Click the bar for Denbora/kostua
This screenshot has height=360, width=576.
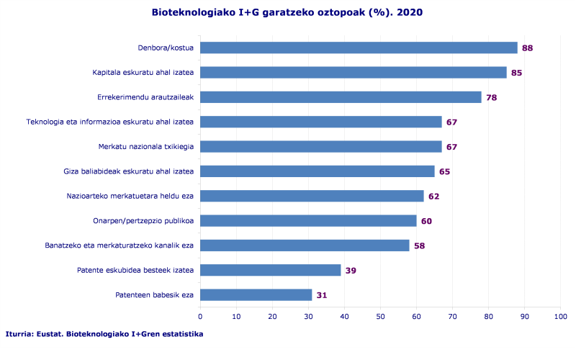[359, 48]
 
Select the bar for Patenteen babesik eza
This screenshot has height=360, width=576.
[256, 294]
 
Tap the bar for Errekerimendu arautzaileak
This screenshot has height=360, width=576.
[341, 97]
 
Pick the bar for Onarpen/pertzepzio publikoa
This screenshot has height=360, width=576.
[308, 220]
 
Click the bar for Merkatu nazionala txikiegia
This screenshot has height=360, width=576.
[320, 147]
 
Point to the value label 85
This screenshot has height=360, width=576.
[516, 73]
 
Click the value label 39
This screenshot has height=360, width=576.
[351, 271]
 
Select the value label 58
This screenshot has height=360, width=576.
[419, 246]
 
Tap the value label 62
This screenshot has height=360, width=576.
[433, 197]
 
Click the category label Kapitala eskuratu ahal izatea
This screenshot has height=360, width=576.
[143, 73]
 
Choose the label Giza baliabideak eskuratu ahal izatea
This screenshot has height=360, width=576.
[129, 171]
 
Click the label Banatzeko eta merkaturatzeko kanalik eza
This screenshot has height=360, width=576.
[120, 246]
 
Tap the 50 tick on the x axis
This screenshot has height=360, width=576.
[380, 316]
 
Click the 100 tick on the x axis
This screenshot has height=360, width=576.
[560, 316]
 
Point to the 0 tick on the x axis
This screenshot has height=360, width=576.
[200, 316]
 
